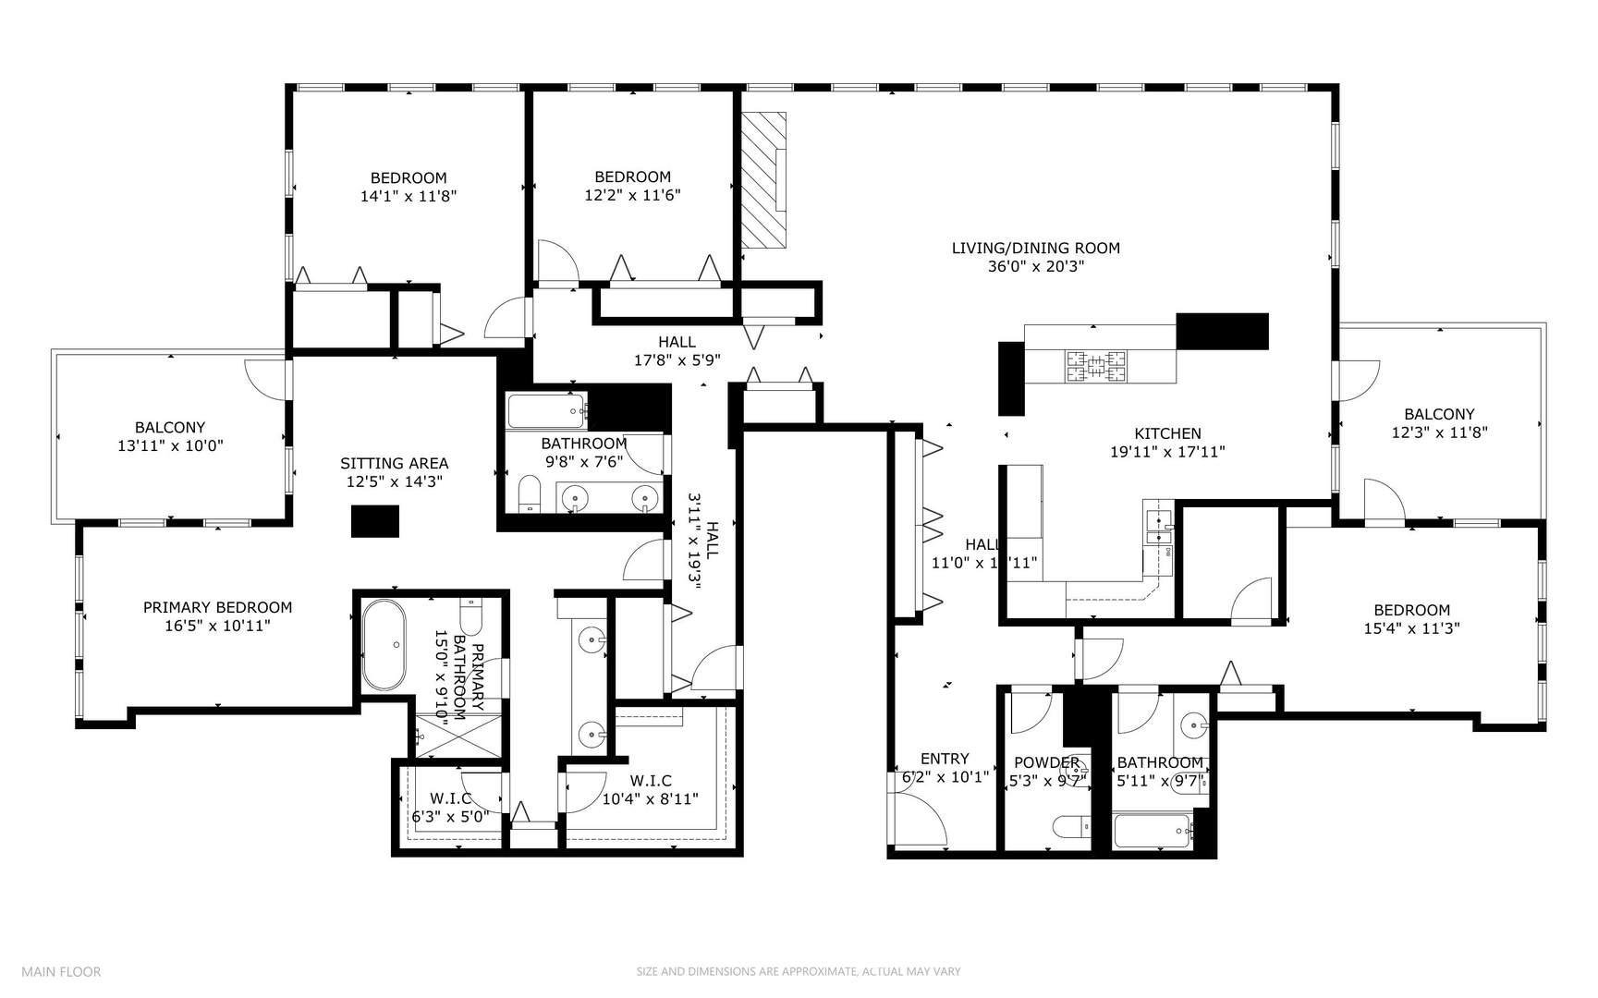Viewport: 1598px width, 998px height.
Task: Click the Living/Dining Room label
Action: pyautogui.click(x=1035, y=248)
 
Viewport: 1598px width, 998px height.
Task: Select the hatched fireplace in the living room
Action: pyautogui.click(x=763, y=180)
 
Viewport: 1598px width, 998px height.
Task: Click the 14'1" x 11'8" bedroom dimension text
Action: pyautogui.click(x=409, y=196)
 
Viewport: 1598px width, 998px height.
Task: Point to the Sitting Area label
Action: pyautogui.click(x=394, y=463)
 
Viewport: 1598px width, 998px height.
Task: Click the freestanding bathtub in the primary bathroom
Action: pyautogui.click(x=383, y=645)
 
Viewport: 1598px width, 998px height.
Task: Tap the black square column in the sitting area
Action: pyautogui.click(x=374, y=521)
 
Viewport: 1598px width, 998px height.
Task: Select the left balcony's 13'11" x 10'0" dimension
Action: pyautogui.click(x=170, y=445)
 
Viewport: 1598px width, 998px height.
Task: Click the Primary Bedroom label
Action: pyautogui.click(x=217, y=607)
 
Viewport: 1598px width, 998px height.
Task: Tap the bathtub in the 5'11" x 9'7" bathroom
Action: pyautogui.click(x=1151, y=830)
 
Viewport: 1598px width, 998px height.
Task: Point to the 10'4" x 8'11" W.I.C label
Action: pyautogui.click(x=650, y=790)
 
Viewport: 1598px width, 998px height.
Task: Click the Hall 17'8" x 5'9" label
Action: pyautogui.click(x=677, y=351)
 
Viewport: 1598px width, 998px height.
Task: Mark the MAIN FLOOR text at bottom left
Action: pyautogui.click(x=61, y=971)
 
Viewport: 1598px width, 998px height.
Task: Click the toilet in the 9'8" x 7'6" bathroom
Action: pyautogui.click(x=530, y=493)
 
